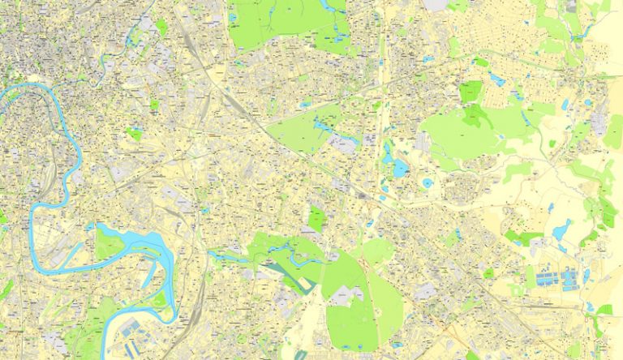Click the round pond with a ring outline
(427, 183)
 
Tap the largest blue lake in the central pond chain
(399, 167)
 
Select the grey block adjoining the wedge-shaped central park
(345, 144)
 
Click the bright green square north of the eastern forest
(470, 92)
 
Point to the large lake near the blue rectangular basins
(561, 232)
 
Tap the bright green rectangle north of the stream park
(316, 217)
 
